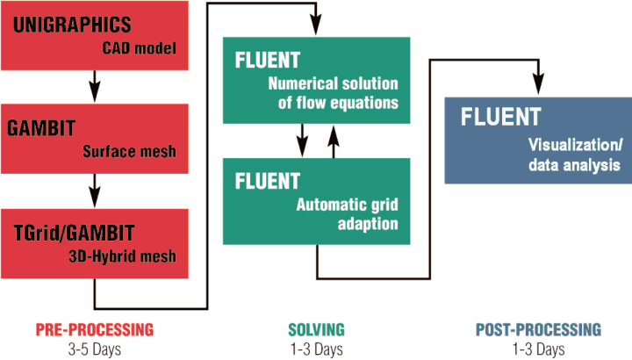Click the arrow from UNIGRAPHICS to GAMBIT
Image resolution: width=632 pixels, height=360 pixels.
[94, 87]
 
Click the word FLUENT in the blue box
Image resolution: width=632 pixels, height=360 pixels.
[501, 116]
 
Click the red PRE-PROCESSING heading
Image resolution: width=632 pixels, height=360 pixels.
[94, 329]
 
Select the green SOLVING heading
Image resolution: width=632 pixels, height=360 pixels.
[316, 329]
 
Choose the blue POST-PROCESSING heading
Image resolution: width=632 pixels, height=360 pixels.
[537, 329]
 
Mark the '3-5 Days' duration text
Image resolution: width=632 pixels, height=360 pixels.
[94, 349]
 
